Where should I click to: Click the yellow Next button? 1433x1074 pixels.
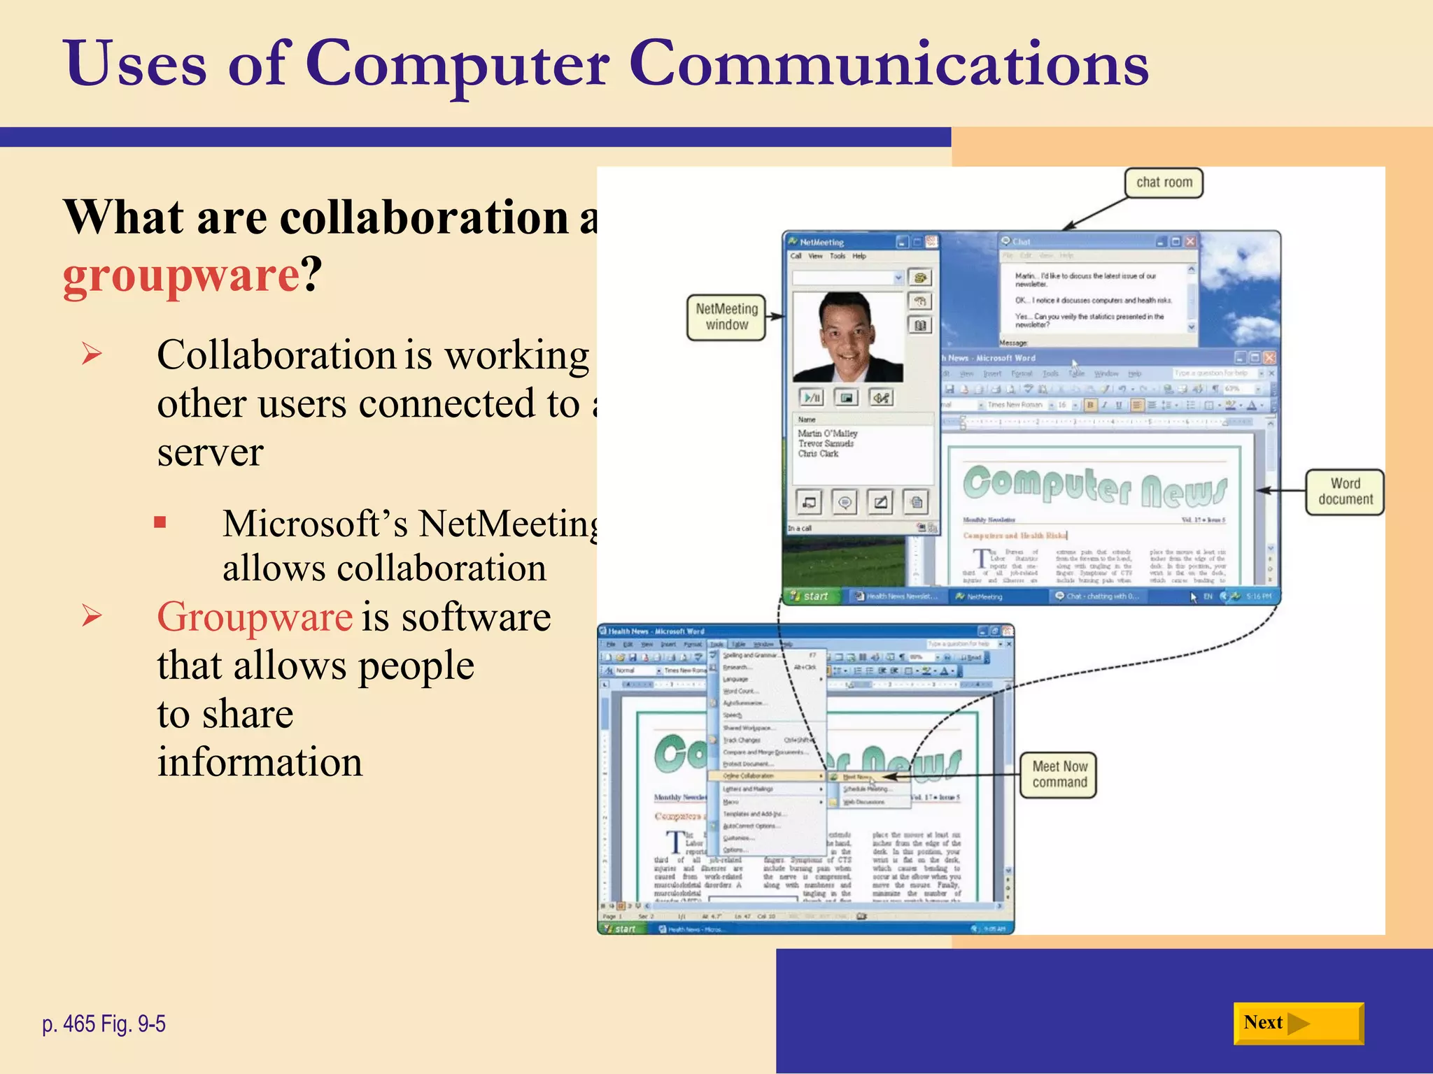1298,1023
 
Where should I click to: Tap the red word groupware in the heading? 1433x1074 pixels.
181,275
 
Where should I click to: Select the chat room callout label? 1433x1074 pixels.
1164,182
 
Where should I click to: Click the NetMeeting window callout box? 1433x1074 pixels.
726,317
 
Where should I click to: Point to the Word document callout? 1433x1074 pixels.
1345,492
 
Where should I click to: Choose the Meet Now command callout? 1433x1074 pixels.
1059,775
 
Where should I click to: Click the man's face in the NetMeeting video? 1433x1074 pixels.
847,332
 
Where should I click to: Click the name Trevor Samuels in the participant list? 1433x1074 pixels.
826,443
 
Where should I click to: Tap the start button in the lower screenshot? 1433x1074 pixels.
620,929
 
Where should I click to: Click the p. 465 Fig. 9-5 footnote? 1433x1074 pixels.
104,1024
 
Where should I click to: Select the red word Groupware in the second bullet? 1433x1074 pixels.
255,617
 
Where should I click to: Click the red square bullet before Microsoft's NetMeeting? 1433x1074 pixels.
160,522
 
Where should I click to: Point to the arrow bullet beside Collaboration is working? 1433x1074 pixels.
92,354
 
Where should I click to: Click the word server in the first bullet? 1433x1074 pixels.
210,452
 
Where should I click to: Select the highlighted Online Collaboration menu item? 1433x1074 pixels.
749,776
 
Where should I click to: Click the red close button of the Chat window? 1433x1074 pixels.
1190,241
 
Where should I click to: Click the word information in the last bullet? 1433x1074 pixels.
260,762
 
